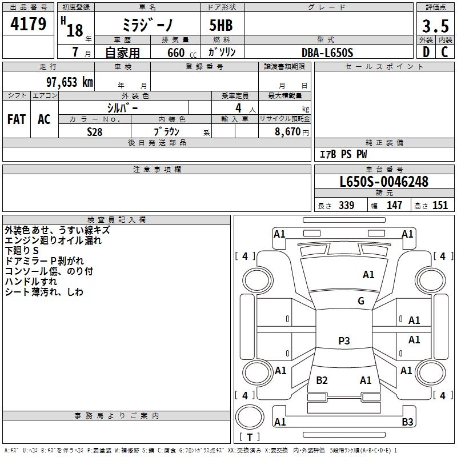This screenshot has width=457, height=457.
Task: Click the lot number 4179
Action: pyautogui.click(x=29, y=25)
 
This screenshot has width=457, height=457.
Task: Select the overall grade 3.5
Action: pyautogui.click(x=434, y=26)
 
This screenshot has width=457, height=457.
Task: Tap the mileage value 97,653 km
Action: pyautogui.click(x=69, y=82)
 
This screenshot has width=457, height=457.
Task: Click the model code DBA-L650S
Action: pyautogui.click(x=328, y=53)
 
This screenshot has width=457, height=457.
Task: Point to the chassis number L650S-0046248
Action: pyautogui.click(x=383, y=182)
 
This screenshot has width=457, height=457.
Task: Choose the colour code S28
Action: pyautogui.click(x=95, y=131)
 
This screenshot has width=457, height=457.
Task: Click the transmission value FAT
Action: pyautogui.click(x=17, y=119)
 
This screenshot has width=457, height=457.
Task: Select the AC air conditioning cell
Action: pyautogui.click(x=44, y=119)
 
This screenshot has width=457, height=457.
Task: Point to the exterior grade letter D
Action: pyautogui.click(x=426, y=53)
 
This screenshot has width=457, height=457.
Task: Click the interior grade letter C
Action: pyautogui.click(x=444, y=53)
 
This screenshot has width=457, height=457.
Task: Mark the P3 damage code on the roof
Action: pyautogui.click(x=344, y=341)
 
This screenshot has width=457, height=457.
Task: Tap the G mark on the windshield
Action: pyautogui.click(x=360, y=301)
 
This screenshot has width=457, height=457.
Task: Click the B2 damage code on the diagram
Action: pyautogui.click(x=322, y=380)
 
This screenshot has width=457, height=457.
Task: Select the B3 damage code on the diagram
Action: pyautogui.click(x=407, y=422)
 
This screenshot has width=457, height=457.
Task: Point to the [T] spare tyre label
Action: pyautogui.click(x=250, y=438)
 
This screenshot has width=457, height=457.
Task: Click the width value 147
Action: pyautogui.click(x=394, y=206)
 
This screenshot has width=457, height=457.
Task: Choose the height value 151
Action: pyautogui.click(x=440, y=206)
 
